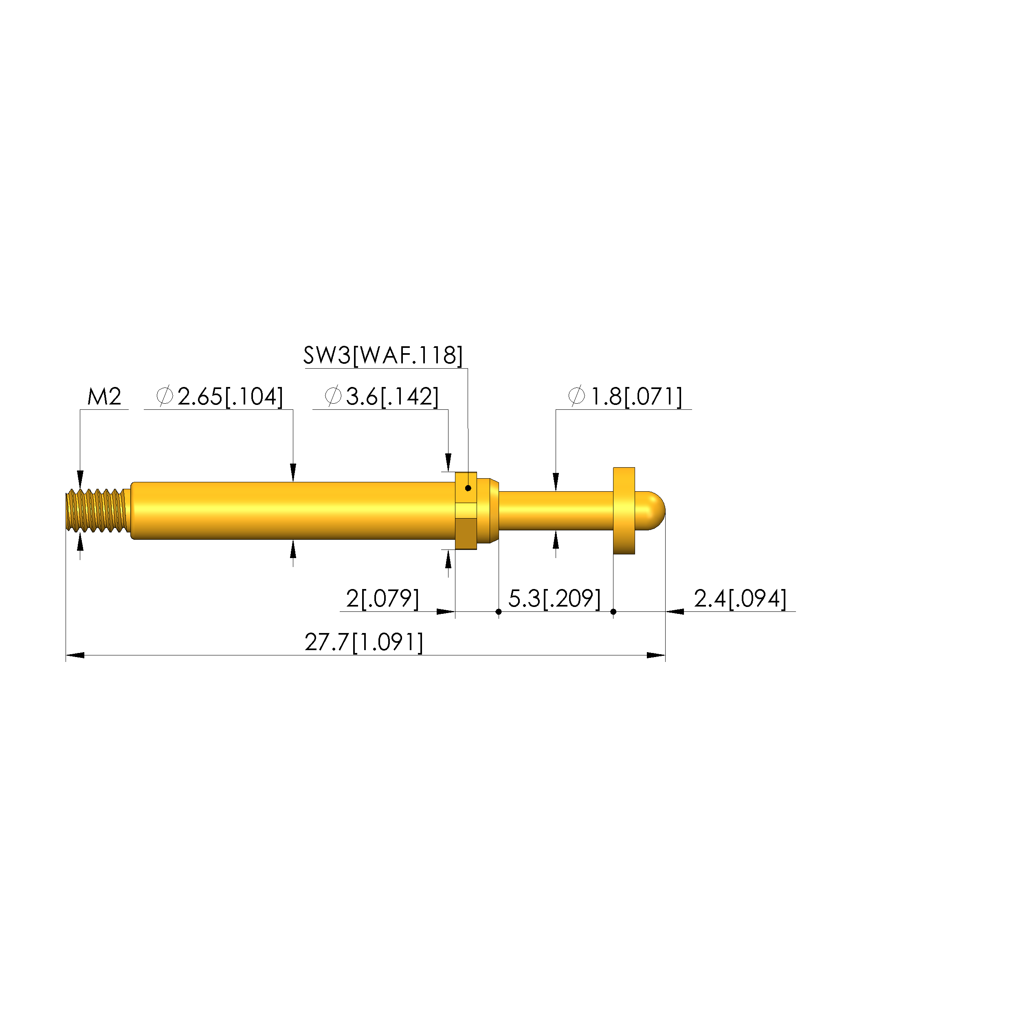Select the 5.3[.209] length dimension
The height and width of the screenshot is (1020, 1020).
pos(554,599)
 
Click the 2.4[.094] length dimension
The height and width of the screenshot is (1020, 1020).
pos(740,599)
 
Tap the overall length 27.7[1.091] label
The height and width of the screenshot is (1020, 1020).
pos(364,642)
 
